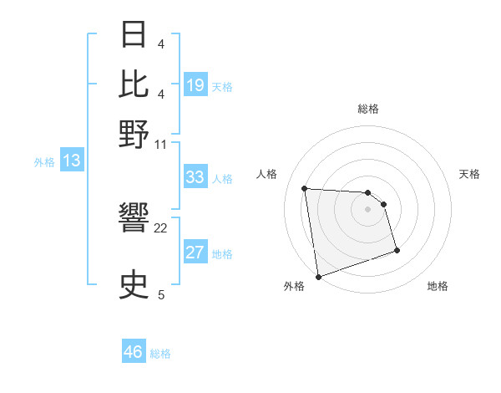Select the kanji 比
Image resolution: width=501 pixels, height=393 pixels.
[x=135, y=84]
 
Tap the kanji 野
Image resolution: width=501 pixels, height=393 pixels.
[x=135, y=133]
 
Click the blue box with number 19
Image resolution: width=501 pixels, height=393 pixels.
[x=195, y=85]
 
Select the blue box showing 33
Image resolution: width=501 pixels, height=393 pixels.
[x=195, y=177]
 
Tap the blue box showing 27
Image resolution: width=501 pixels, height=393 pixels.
[x=195, y=253]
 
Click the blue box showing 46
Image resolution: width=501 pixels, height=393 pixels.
[x=134, y=352]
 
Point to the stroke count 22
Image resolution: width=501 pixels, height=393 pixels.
[x=161, y=227]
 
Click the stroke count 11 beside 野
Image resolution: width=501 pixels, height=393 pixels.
[x=160, y=143]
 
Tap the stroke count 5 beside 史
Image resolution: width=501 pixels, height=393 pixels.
[x=161, y=294]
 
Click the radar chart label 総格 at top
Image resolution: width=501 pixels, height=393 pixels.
[x=368, y=109]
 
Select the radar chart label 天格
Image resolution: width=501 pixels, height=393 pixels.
[x=469, y=174]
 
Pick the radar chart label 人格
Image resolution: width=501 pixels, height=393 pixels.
[x=267, y=174]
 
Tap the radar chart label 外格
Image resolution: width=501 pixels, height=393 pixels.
[x=294, y=287]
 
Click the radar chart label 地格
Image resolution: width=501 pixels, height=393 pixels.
[x=438, y=287]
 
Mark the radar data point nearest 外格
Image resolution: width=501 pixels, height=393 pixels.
[x=318, y=276]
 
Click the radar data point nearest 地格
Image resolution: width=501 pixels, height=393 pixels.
[x=397, y=250]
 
